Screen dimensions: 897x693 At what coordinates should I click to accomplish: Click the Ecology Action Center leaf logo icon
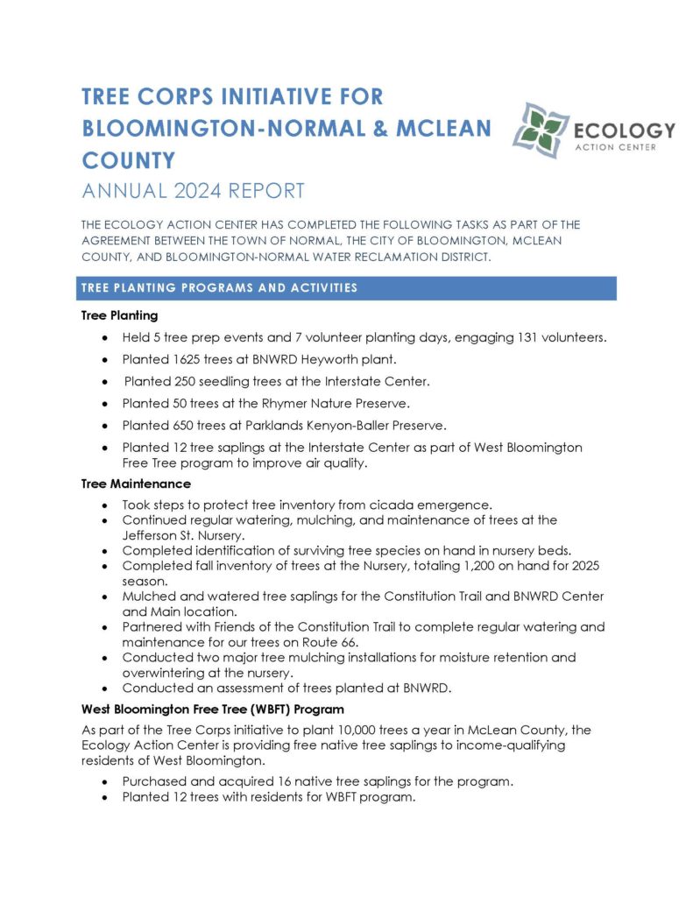pyautogui.click(x=541, y=131)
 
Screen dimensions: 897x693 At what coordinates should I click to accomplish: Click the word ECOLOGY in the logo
pyautogui.click(x=624, y=131)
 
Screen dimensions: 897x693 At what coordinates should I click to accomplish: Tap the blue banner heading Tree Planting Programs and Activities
pyautogui.click(x=219, y=288)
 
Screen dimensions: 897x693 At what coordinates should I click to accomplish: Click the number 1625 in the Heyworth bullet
pyautogui.click(x=187, y=359)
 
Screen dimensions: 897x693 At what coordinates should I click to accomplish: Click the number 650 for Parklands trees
pyautogui.click(x=187, y=426)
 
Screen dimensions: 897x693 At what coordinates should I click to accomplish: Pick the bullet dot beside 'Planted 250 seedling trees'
pyautogui.click(x=105, y=381)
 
